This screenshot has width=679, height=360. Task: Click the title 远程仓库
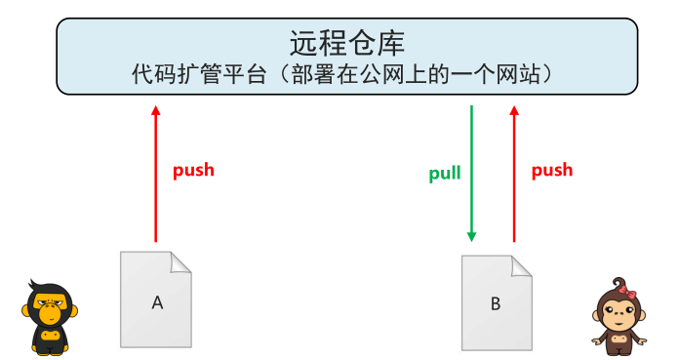pyautogui.click(x=346, y=43)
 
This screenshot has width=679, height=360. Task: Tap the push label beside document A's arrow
pyautogui.click(x=193, y=170)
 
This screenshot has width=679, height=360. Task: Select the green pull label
pyautogui.click(x=445, y=175)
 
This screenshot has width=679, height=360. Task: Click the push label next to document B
pyautogui.click(x=551, y=170)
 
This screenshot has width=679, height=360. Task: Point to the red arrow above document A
pyautogui.click(x=155, y=176)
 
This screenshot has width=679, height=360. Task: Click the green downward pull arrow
pyautogui.click(x=471, y=176)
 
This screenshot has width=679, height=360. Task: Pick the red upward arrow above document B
pyautogui.click(x=514, y=176)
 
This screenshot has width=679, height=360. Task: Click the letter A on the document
pyautogui.click(x=157, y=302)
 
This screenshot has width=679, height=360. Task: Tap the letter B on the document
pyautogui.click(x=495, y=303)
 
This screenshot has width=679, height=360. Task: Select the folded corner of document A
pyautogui.click(x=181, y=261)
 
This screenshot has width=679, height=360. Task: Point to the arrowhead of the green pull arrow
pyautogui.click(x=471, y=236)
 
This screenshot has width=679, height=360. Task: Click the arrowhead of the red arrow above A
pyautogui.click(x=155, y=111)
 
